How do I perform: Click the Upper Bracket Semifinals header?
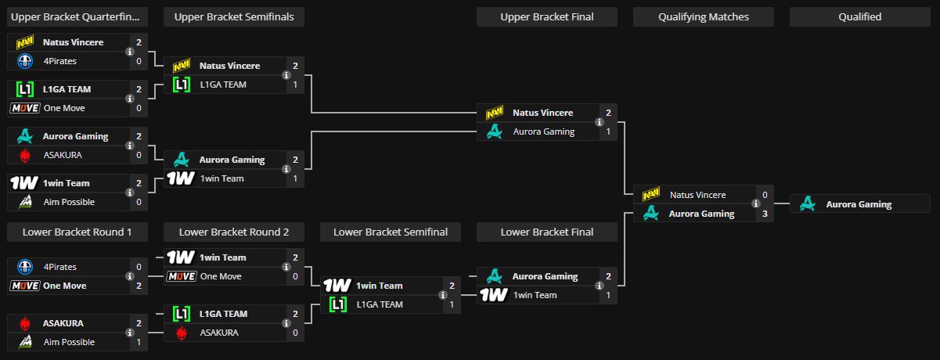click(234, 16)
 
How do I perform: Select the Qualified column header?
click(860, 16)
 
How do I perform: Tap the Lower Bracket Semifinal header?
click(391, 232)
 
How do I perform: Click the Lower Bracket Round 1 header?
click(77, 232)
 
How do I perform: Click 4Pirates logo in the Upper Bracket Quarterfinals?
click(25, 61)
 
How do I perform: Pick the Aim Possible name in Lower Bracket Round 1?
click(69, 342)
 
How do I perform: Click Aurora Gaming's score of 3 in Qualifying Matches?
click(765, 214)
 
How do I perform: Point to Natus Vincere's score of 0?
click(765, 195)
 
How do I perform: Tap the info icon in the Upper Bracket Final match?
click(600, 122)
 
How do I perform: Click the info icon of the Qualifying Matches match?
click(756, 204)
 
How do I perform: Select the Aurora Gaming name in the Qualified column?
click(859, 204)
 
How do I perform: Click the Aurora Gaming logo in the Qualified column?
click(808, 204)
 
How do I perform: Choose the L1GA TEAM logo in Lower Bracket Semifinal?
click(338, 304)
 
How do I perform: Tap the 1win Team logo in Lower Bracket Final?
click(494, 295)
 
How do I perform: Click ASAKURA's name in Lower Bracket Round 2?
click(219, 333)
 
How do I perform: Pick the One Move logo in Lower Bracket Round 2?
click(182, 276)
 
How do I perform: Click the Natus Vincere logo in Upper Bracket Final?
click(495, 113)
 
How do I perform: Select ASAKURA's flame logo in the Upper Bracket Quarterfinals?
click(25, 155)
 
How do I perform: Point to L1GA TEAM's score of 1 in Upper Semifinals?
click(295, 85)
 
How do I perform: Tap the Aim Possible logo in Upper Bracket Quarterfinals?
click(25, 202)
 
